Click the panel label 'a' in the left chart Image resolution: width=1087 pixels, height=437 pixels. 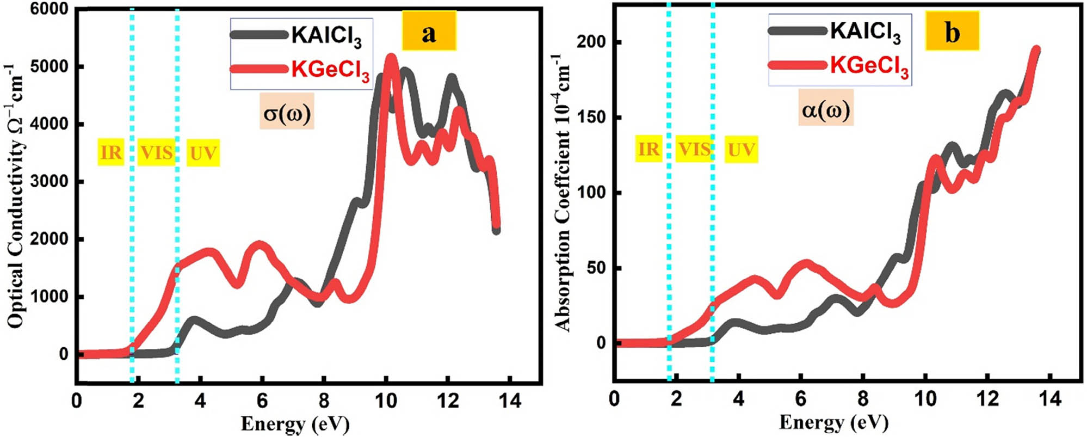[x=429, y=34]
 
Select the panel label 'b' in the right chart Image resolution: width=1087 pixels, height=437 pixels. [x=952, y=33]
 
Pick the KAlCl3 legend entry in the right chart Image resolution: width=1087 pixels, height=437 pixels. [x=865, y=31]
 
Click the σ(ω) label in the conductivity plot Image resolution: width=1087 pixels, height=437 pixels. [x=287, y=113]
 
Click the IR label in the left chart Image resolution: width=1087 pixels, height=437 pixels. [x=111, y=152]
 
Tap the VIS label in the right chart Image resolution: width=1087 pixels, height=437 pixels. [x=694, y=149]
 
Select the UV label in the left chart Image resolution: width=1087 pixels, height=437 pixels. [x=203, y=153]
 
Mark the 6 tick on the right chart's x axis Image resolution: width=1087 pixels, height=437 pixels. [x=800, y=399]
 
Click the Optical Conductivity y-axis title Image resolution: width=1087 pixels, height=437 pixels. [x=16, y=196]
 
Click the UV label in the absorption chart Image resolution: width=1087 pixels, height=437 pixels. [x=742, y=150]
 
